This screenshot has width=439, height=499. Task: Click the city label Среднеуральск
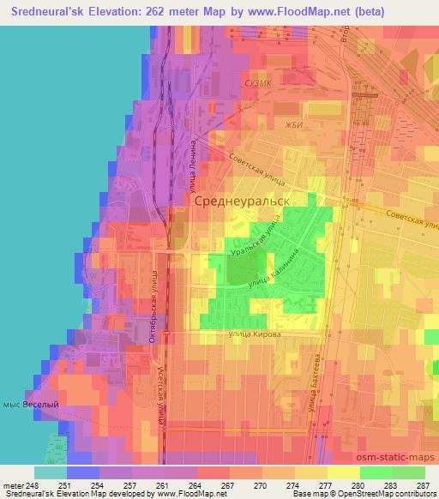(239, 201)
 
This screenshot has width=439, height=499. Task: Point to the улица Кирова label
(254, 334)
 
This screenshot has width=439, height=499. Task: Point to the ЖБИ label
(271, 126)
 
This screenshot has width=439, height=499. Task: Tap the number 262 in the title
(165, 12)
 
